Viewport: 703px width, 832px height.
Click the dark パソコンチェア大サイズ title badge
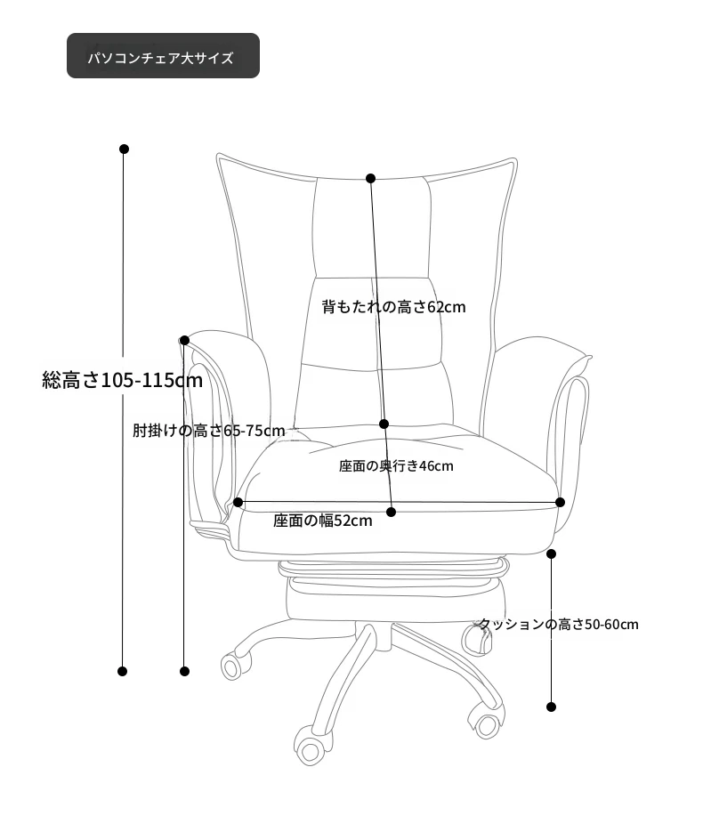click(x=163, y=56)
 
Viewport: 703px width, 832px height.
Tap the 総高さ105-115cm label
click(x=123, y=380)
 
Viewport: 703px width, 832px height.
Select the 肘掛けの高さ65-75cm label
click(x=208, y=431)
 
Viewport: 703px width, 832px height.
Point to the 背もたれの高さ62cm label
click(x=393, y=307)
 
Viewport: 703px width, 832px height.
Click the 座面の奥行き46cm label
click(x=396, y=466)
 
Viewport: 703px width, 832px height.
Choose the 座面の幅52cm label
click(x=323, y=521)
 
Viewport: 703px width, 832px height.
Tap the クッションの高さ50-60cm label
click(x=559, y=624)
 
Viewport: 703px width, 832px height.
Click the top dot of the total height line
click(x=125, y=149)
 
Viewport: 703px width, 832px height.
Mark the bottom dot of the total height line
click(x=123, y=671)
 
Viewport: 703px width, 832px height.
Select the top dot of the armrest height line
click(x=184, y=340)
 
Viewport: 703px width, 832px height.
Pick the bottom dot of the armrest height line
click(x=184, y=671)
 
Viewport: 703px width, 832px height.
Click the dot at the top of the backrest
click(x=371, y=178)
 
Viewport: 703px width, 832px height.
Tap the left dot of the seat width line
click(x=238, y=502)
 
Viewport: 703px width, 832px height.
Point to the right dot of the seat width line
click(x=561, y=502)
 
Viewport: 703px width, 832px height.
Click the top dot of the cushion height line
click(x=552, y=554)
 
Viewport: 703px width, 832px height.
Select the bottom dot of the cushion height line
click(x=551, y=707)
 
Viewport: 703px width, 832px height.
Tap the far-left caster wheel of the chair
click(x=232, y=666)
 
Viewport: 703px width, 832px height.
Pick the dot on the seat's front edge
click(x=391, y=512)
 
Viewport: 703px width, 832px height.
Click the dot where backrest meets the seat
click(x=384, y=424)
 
